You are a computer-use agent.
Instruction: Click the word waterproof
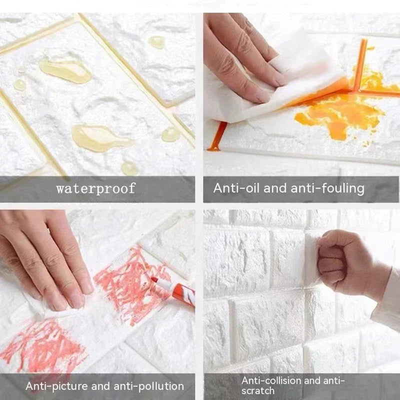95,188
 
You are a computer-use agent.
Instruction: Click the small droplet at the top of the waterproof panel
157,42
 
